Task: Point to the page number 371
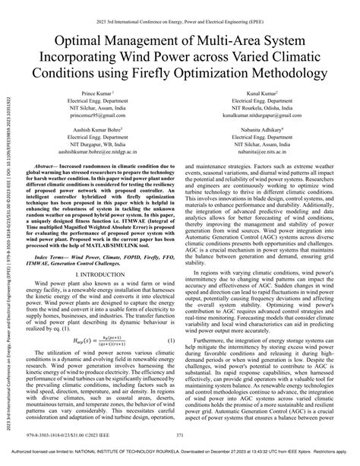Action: [181, 434]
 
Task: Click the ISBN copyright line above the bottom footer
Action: [65, 434]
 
